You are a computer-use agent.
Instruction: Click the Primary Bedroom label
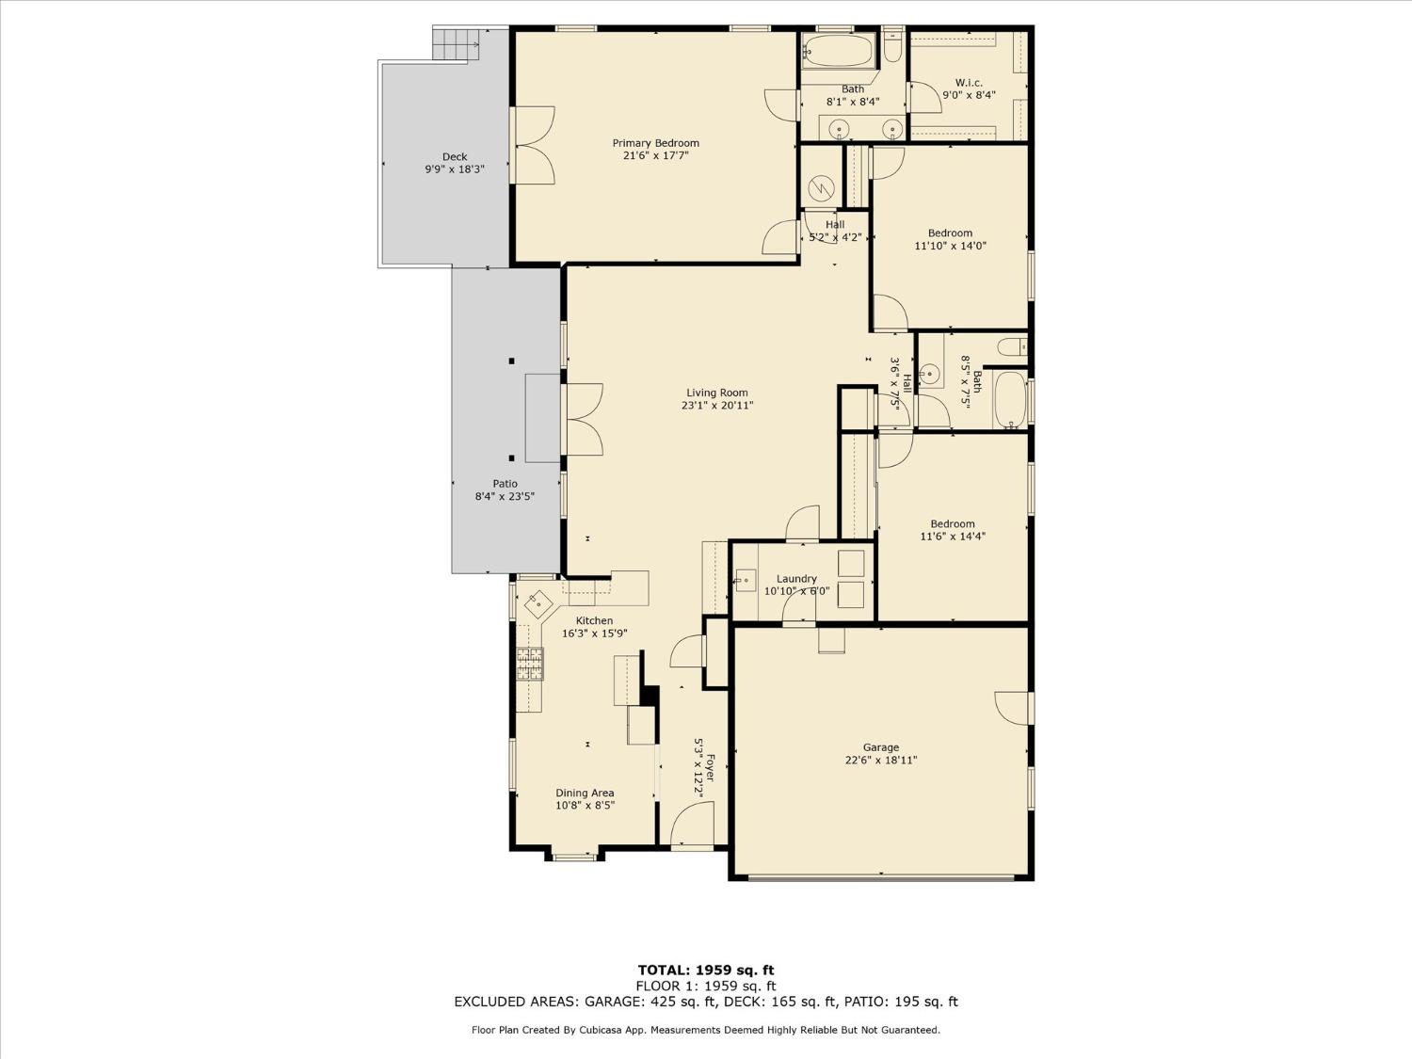655,143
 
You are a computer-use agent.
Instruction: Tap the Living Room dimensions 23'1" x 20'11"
717,406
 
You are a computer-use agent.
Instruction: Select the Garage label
881,747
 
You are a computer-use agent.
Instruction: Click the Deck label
455,157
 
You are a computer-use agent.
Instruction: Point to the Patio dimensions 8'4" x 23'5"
505,496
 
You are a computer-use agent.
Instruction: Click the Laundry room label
796,579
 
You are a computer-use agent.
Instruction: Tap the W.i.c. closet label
969,83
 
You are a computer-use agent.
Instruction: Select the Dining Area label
585,793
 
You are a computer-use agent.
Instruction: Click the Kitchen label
594,620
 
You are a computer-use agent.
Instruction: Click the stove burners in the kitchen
529,664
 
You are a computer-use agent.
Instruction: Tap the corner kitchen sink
538,602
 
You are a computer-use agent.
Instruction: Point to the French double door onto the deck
533,145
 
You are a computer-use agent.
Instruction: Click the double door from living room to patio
584,420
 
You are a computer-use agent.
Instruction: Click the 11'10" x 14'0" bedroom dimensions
950,246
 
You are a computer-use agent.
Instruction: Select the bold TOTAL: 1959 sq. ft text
706,970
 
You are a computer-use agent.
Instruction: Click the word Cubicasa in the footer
598,1030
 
